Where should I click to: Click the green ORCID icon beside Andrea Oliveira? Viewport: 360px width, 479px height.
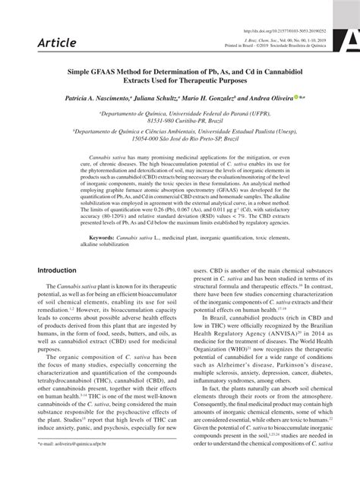294,97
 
